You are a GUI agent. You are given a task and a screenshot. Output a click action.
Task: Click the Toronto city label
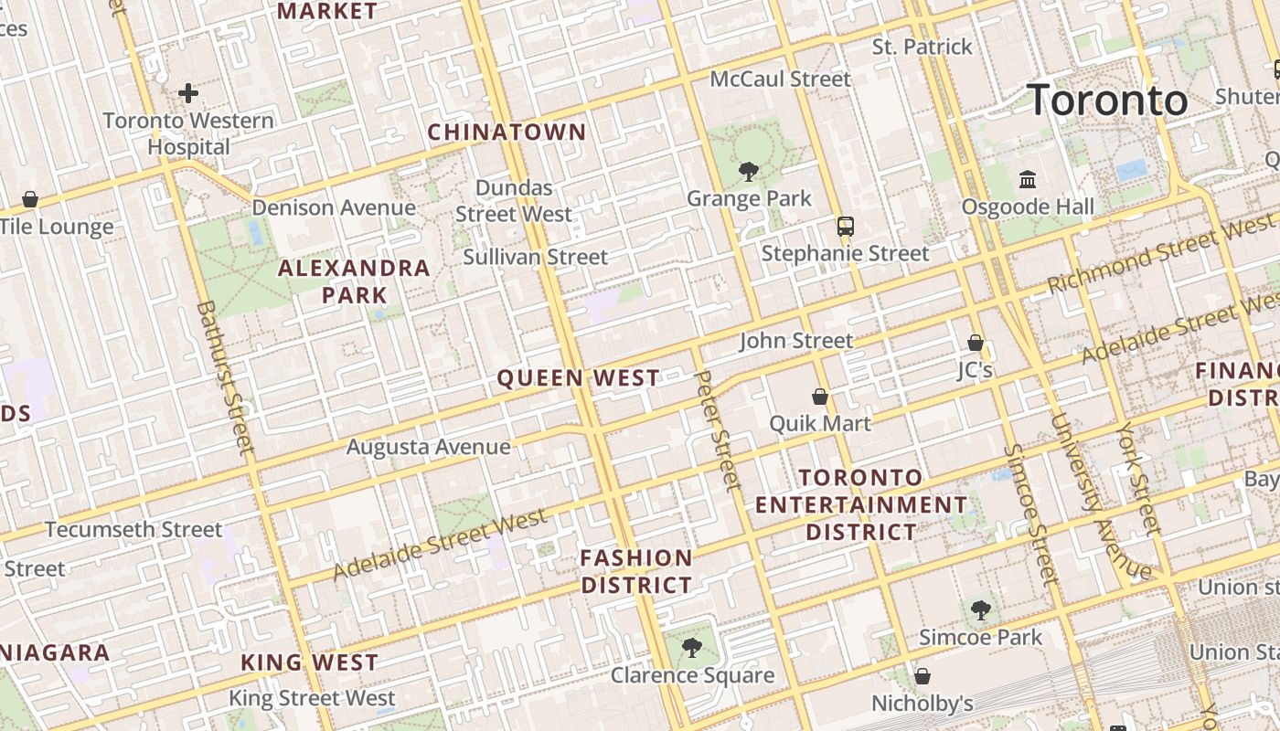1108,100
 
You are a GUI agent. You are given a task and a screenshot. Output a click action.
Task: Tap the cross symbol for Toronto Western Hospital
188,92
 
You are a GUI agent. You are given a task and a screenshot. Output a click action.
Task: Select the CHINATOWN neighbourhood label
507,132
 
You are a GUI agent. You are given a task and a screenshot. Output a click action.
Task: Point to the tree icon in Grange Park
749,171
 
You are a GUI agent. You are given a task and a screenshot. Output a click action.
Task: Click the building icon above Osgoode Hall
1027,179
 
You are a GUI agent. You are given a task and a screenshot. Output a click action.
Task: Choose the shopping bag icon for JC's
976,343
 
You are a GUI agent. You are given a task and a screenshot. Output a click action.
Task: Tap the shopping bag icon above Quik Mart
820,397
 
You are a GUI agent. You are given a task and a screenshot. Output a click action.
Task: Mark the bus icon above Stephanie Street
845,226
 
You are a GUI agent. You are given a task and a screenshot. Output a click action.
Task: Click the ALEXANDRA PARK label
354,281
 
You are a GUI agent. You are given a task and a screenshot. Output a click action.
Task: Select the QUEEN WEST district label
578,378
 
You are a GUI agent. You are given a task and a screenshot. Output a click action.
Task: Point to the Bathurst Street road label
225,377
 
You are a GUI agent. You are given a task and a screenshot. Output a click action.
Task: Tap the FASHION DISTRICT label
636,571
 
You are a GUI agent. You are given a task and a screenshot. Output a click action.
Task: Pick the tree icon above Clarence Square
692,648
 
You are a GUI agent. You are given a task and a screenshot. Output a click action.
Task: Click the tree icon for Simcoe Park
980,609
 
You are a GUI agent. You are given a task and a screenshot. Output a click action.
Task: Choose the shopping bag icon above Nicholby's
923,676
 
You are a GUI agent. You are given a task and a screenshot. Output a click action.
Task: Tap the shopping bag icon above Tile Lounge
30,198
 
